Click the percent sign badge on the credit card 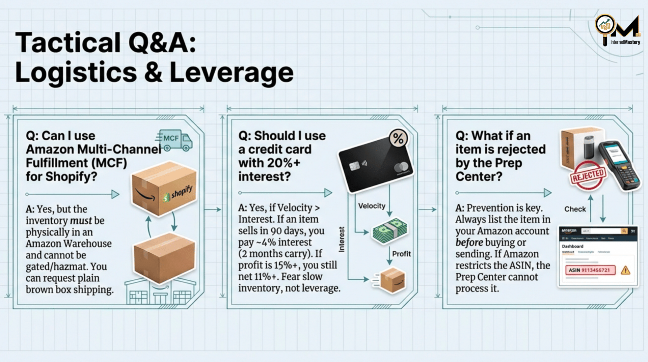[x=398, y=138]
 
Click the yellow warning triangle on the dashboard [x=625, y=270]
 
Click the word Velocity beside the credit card [x=372, y=206]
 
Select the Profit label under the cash [x=401, y=254]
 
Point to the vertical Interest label [x=342, y=239]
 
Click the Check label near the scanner [x=575, y=209]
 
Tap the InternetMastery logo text [x=625, y=42]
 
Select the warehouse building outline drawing [x=160, y=292]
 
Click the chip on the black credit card [x=354, y=166]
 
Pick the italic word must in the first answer [x=81, y=221]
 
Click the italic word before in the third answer [x=469, y=243]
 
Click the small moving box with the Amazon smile [x=393, y=280]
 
